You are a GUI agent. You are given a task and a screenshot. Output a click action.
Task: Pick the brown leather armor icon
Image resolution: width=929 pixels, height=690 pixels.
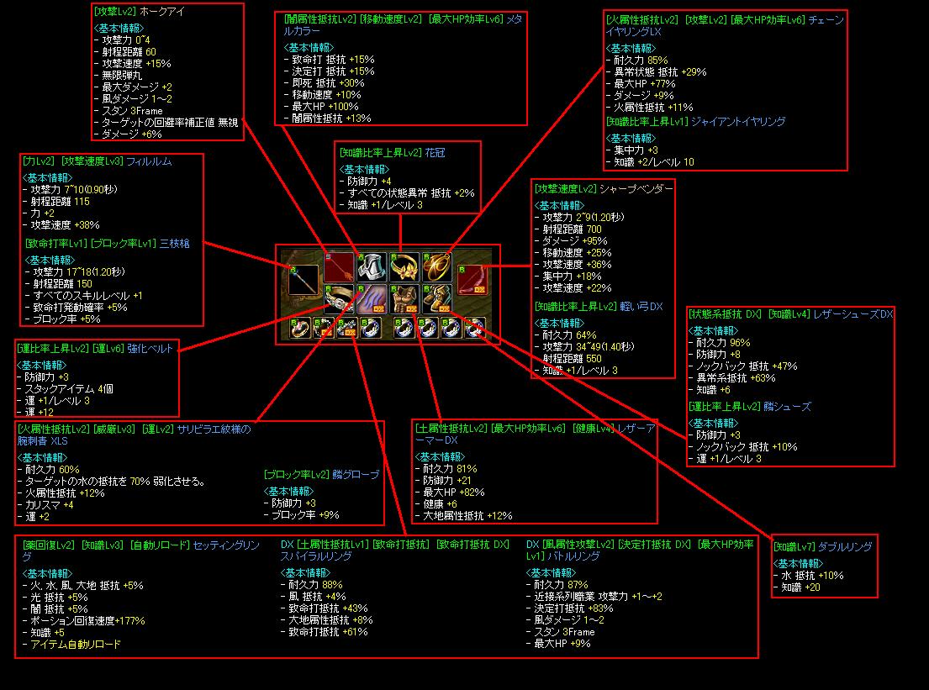404,298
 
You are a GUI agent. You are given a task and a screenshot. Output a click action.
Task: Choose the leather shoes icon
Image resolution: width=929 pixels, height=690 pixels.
436,298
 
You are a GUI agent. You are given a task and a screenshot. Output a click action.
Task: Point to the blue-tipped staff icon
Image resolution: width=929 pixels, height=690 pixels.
304,280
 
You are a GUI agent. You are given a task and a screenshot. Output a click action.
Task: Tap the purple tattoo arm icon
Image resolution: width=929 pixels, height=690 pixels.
371,298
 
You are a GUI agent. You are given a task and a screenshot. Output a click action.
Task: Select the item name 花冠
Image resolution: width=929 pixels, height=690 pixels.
435,153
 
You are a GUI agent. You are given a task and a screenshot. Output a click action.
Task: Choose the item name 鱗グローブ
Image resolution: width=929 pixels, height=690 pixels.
356,475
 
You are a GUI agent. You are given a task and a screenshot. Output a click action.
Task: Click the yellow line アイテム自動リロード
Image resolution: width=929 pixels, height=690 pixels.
75,645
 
